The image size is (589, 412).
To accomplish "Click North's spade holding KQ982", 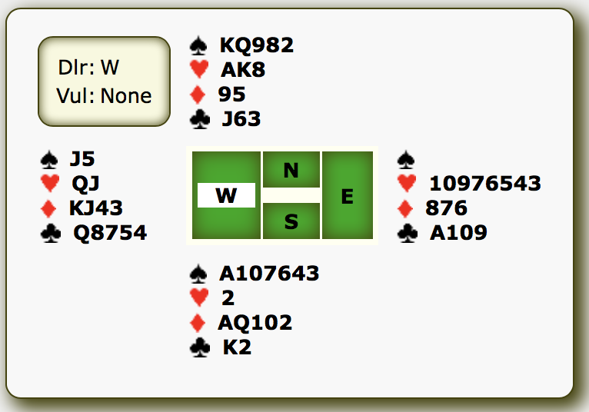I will click(x=257, y=45).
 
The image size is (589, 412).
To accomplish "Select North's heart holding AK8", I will click(x=243, y=70).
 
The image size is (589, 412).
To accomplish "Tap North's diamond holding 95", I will click(x=231, y=95).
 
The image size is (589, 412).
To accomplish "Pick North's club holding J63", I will click(x=241, y=119).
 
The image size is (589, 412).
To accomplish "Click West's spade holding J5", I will click(x=82, y=159).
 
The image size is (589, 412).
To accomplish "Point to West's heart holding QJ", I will click(x=85, y=184).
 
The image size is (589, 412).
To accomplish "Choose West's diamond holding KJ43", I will click(x=96, y=208).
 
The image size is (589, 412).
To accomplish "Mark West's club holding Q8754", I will click(x=110, y=233).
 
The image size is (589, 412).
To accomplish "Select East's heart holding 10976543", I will click(x=485, y=184).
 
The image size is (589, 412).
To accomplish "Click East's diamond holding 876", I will click(x=446, y=208).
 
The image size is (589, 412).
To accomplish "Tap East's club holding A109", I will click(x=458, y=233).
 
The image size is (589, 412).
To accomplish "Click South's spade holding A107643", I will click(x=269, y=274).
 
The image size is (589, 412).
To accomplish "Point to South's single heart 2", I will click(x=228, y=298).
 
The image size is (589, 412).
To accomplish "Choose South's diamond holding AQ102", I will click(x=255, y=323).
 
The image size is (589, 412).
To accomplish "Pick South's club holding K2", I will click(x=237, y=347).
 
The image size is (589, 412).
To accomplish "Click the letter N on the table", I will click(x=291, y=171).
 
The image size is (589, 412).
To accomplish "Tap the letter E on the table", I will click(x=347, y=196).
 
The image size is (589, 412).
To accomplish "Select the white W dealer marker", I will click(x=226, y=196).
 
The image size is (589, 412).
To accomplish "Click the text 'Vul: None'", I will click(x=104, y=97).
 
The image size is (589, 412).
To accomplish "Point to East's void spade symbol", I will click(x=406, y=160).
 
